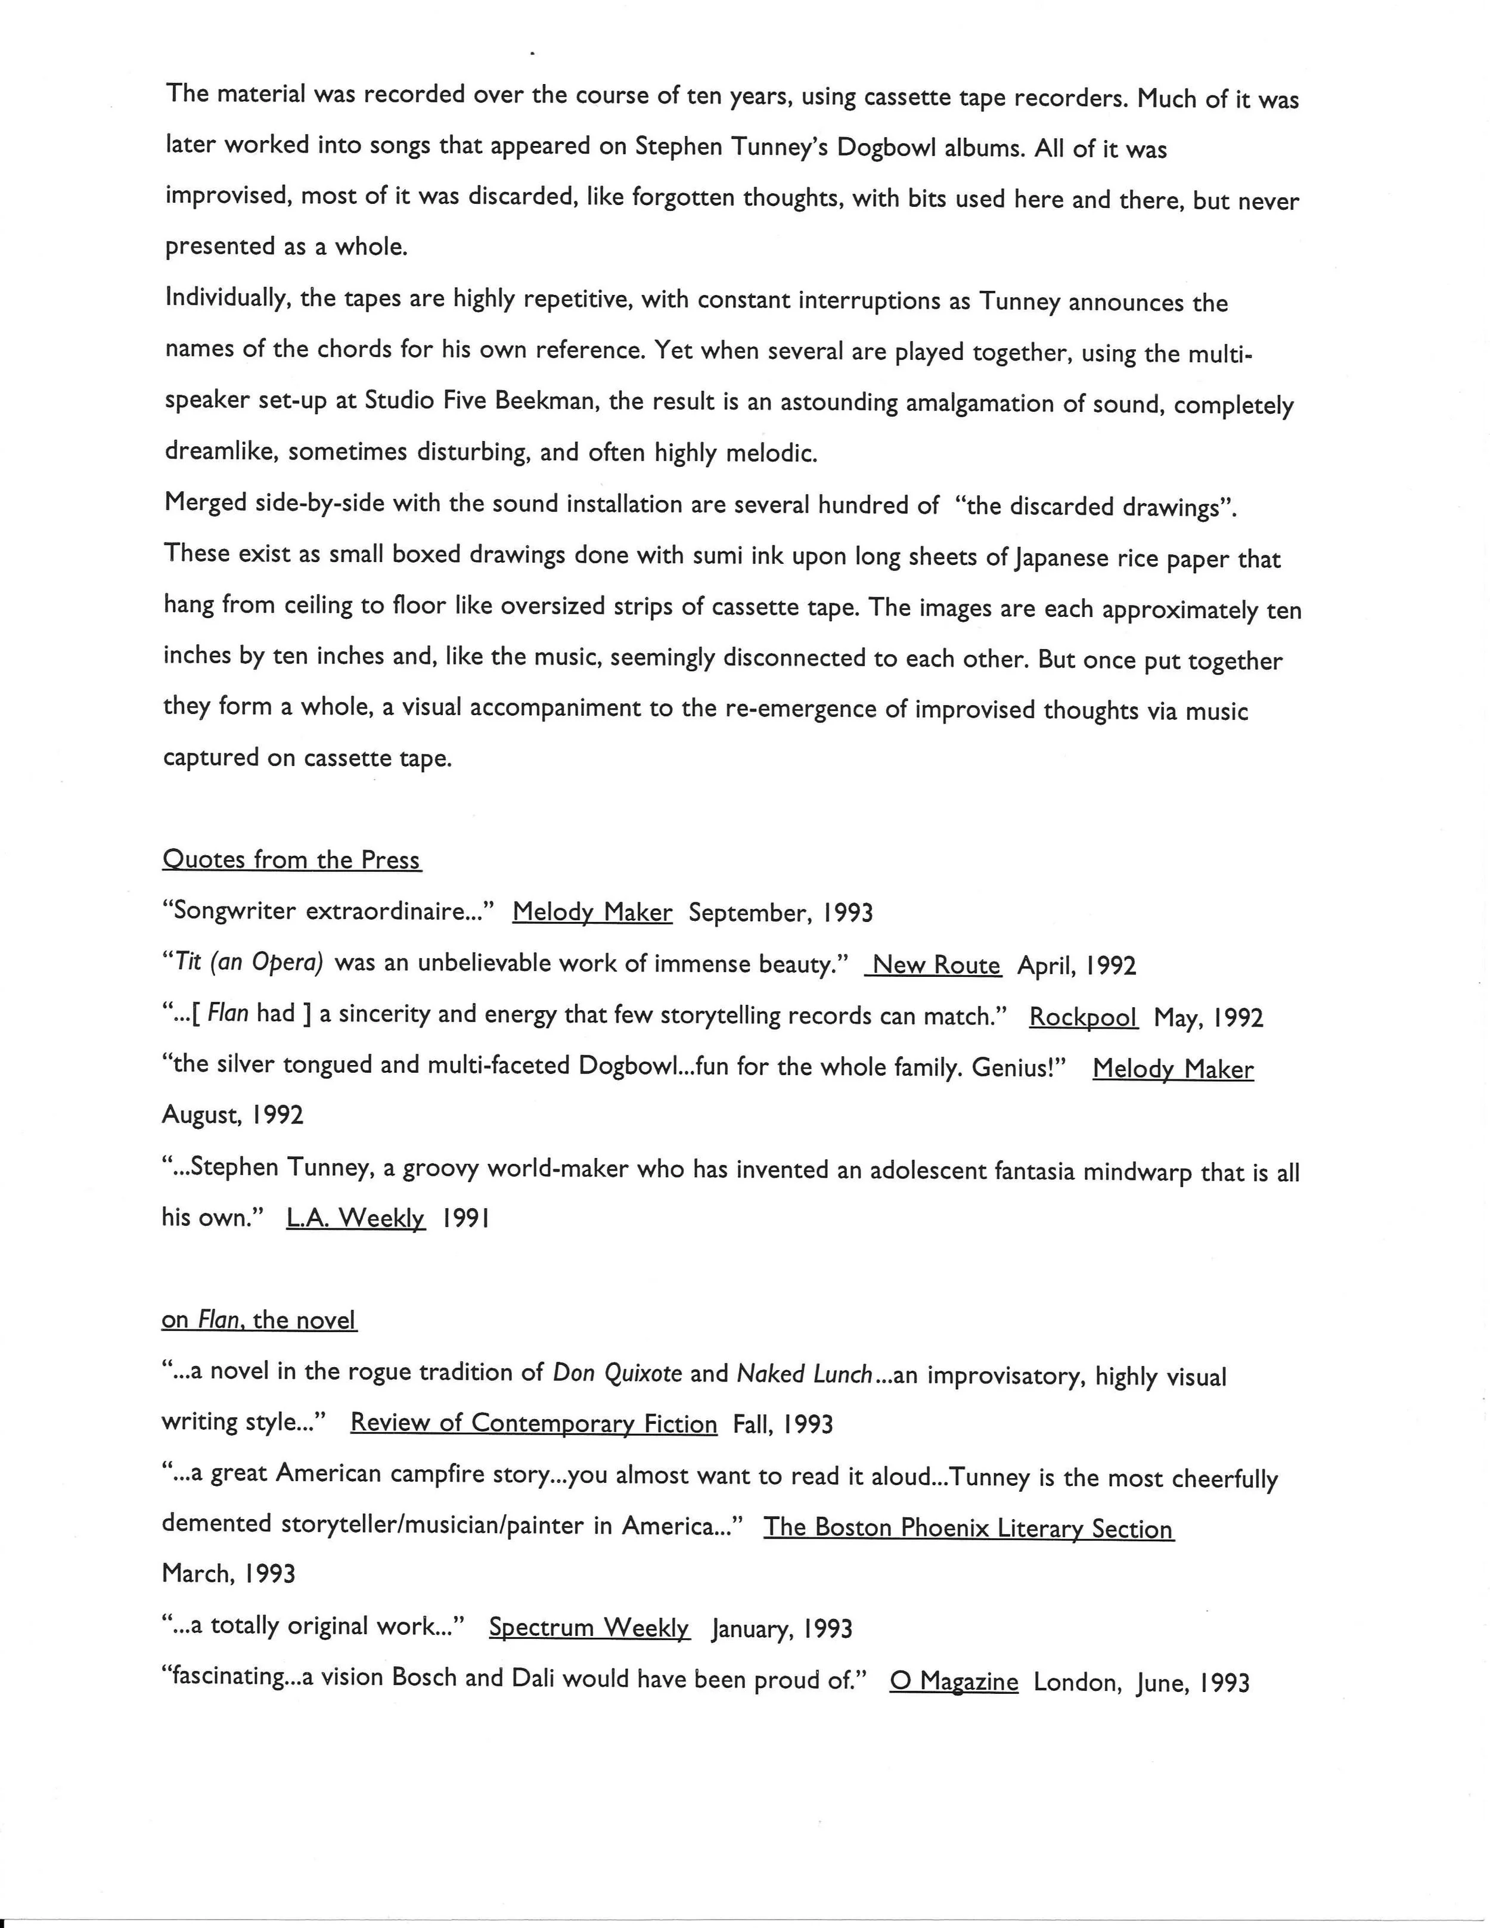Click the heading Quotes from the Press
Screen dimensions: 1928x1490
coord(291,860)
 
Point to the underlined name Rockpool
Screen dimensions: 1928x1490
coord(1083,1017)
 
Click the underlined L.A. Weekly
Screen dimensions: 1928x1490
coord(356,1218)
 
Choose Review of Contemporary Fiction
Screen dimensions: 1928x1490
coord(533,1423)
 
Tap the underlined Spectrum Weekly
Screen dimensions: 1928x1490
coord(589,1627)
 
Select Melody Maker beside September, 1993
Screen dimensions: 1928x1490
coord(592,912)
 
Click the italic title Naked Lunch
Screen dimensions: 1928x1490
coord(804,1374)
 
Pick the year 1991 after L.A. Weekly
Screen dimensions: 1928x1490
coord(465,1218)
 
